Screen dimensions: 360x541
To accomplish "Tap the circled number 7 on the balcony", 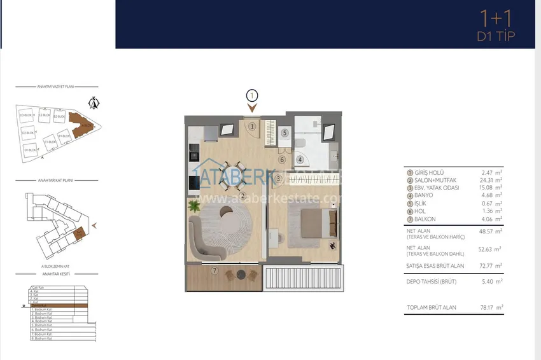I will tap(215, 271).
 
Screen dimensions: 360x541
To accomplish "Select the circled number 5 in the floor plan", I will tap(286, 133).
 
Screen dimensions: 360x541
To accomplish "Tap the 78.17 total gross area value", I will tap(488, 307).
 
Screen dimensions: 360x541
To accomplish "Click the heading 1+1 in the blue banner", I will tap(495, 18).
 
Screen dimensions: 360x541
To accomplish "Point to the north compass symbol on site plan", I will tap(95, 102).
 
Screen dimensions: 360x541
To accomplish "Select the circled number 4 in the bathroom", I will tap(300, 159).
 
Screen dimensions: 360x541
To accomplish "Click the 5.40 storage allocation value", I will tap(488, 280).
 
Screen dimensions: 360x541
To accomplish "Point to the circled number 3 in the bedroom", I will tap(279, 179).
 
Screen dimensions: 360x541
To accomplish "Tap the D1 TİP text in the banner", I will tap(495, 36).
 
